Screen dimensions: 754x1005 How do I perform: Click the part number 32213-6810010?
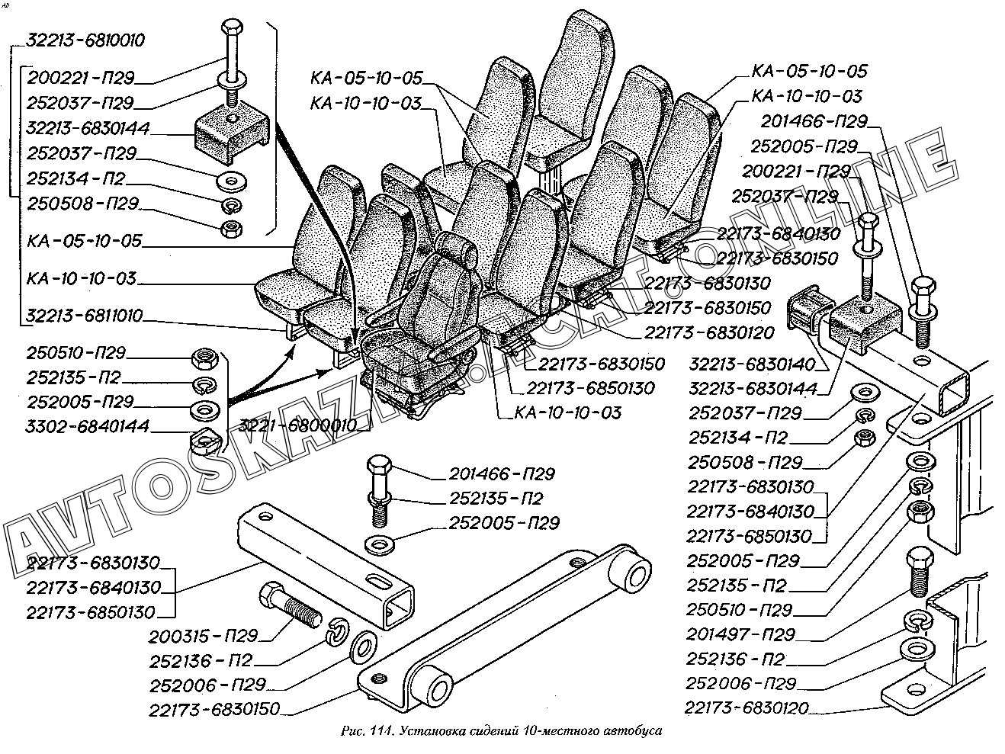85,40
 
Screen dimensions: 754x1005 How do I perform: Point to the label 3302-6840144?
88,425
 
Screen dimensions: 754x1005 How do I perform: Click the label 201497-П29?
740,634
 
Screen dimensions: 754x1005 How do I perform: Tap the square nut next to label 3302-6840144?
204,440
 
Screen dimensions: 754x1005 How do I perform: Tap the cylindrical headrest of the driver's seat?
461,249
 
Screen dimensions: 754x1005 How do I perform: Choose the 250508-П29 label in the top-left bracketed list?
82,204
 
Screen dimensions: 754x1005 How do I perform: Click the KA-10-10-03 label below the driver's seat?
568,413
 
